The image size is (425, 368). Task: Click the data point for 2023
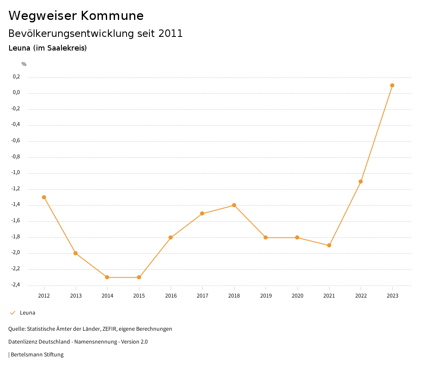pyautogui.click(x=392, y=85)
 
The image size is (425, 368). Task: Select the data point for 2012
pyautogui.click(x=44, y=197)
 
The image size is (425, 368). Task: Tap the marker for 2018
pyautogui.click(x=234, y=205)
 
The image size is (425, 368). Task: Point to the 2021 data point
pyautogui.click(x=329, y=245)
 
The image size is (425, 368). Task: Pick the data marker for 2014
pyautogui.click(x=107, y=277)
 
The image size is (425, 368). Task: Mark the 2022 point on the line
pyautogui.click(x=361, y=182)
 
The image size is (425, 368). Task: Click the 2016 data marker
pyautogui.click(x=171, y=237)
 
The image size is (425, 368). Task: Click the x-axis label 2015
pyautogui.click(x=139, y=295)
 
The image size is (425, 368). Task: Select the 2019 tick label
pyautogui.click(x=266, y=295)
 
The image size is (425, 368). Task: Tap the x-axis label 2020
pyautogui.click(x=297, y=295)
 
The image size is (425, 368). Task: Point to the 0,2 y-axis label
pyautogui.click(x=17, y=77)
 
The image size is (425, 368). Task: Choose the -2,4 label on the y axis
pyautogui.click(x=16, y=285)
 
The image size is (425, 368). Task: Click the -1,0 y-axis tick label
pyautogui.click(x=16, y=173)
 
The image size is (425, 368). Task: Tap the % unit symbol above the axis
pyautogui.click(x=24, y=64)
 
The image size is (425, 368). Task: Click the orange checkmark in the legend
pyautogui.click(x=12, y=313)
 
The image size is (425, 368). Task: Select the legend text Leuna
pyautogui.click(x=27, y=313)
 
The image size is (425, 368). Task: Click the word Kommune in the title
pyautogui.click(x=112, y=16)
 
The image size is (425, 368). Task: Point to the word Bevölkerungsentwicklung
pyautogui.click(x=71, y=34)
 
